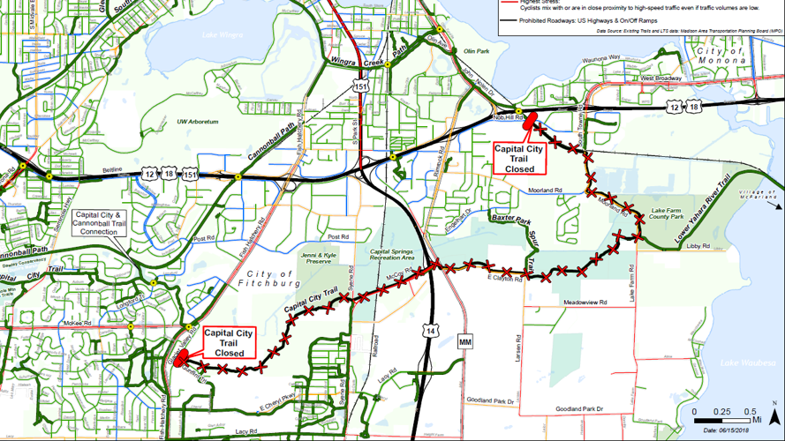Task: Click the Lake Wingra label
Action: (x=221, y=35)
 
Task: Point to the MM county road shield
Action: (x=465, y=340)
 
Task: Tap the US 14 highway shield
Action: (x=430, y=329)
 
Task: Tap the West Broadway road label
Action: (x=660, y=78)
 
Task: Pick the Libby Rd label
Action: (x=698, y=246)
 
